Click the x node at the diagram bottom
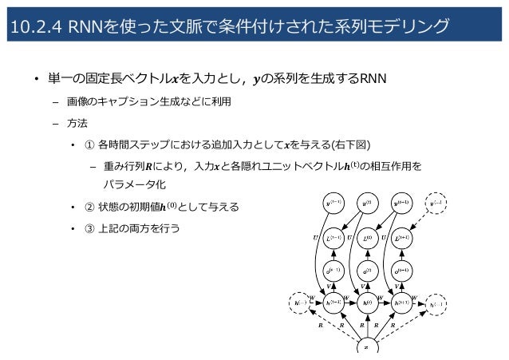pos(366,347)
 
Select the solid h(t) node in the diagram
pos(366,303)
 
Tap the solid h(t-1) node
pos(333,303)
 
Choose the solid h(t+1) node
pos(400,303)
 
